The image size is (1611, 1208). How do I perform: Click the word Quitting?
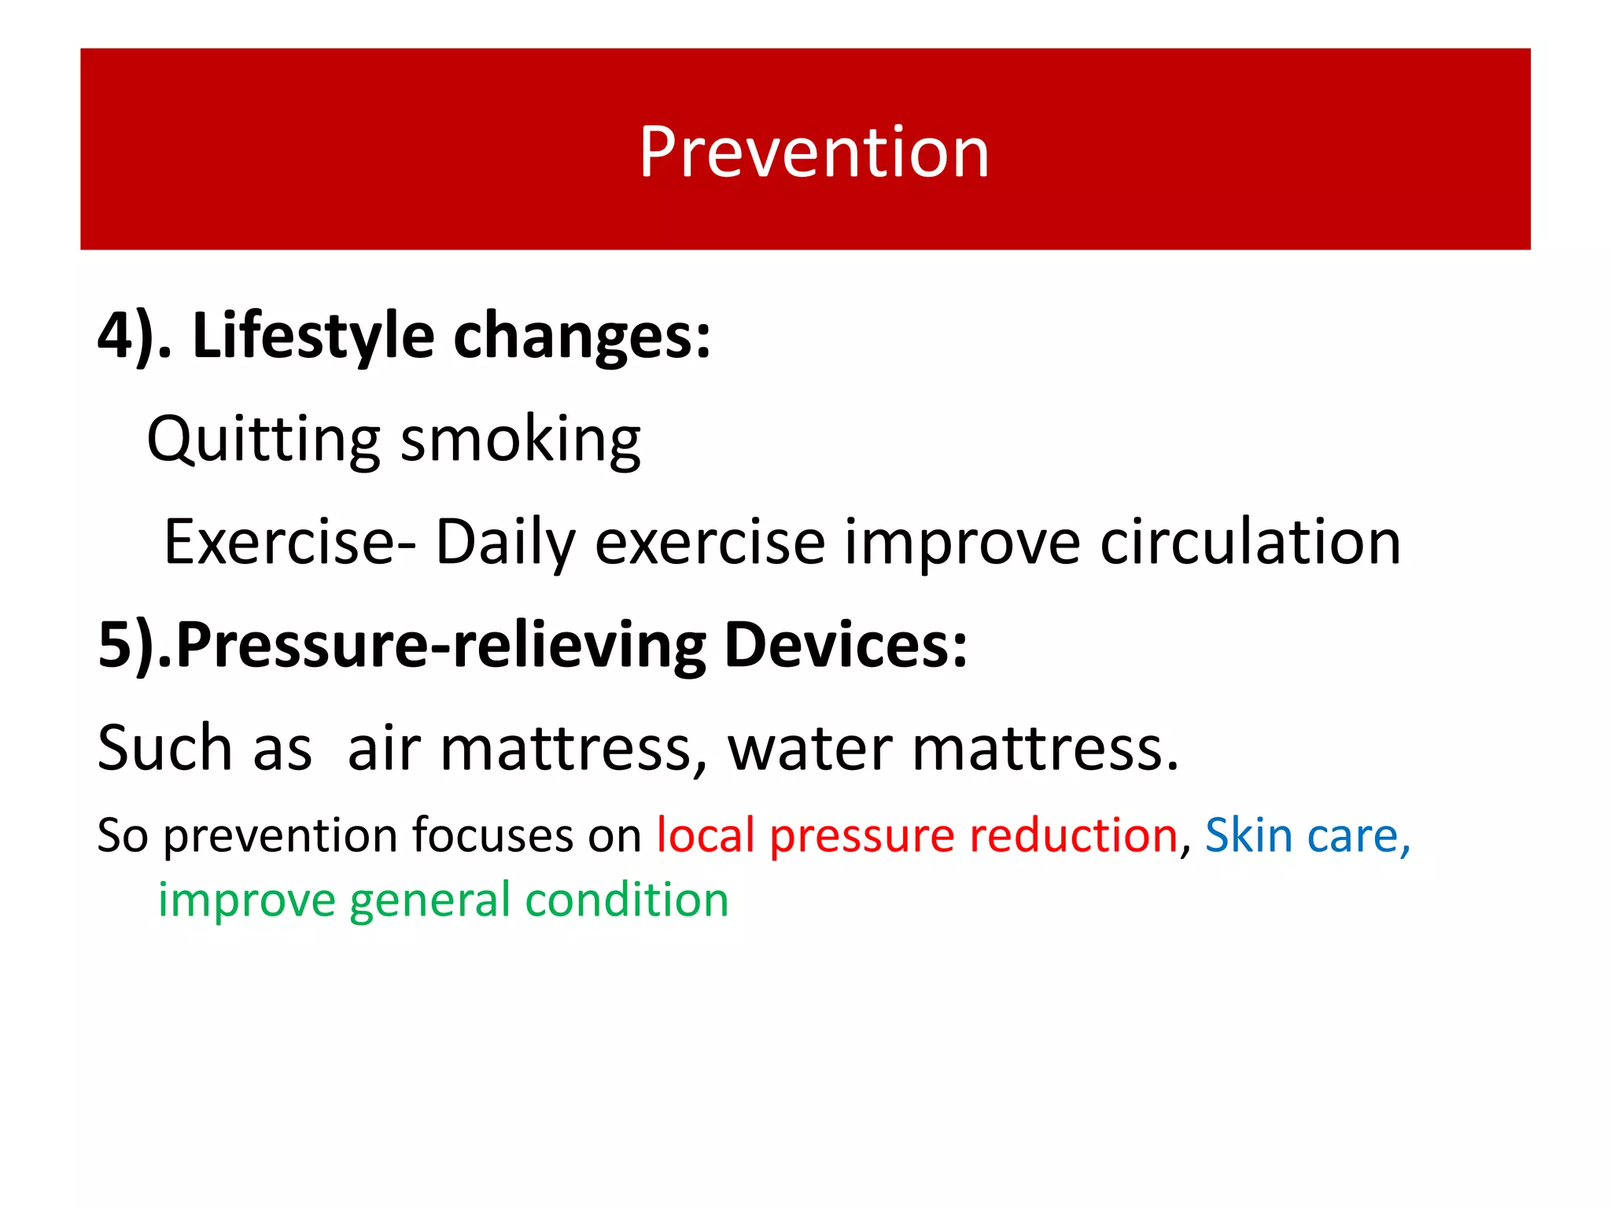263,439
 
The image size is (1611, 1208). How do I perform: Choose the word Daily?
506,542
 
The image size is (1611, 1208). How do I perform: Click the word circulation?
1250,542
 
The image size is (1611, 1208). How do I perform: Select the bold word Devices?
846,645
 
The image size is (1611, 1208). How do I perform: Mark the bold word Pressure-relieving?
441,645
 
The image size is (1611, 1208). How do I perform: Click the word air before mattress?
384,748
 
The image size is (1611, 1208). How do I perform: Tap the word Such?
164,748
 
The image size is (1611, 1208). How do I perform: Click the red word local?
706,835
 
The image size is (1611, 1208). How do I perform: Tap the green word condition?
627,900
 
